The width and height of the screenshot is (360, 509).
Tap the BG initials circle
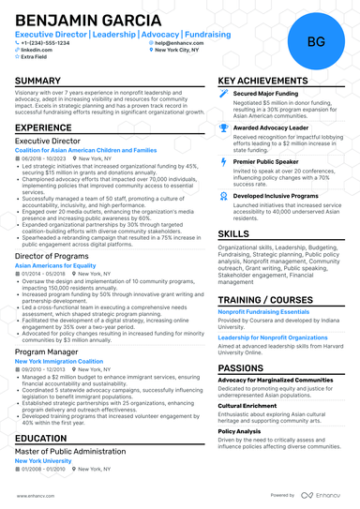tap(316, 41)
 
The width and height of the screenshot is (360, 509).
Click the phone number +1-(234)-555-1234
tap(46, 43)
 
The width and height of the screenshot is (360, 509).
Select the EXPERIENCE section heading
tap(43, 127)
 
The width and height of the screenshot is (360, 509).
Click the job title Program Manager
tap(48, 352)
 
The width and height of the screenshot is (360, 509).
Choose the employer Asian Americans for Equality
tap(55, 265)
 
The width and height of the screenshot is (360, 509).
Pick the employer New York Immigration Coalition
tap(59, 361)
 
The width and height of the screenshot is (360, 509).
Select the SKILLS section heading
tap(233, 233)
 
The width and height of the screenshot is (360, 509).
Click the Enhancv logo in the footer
tap(325, 495)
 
